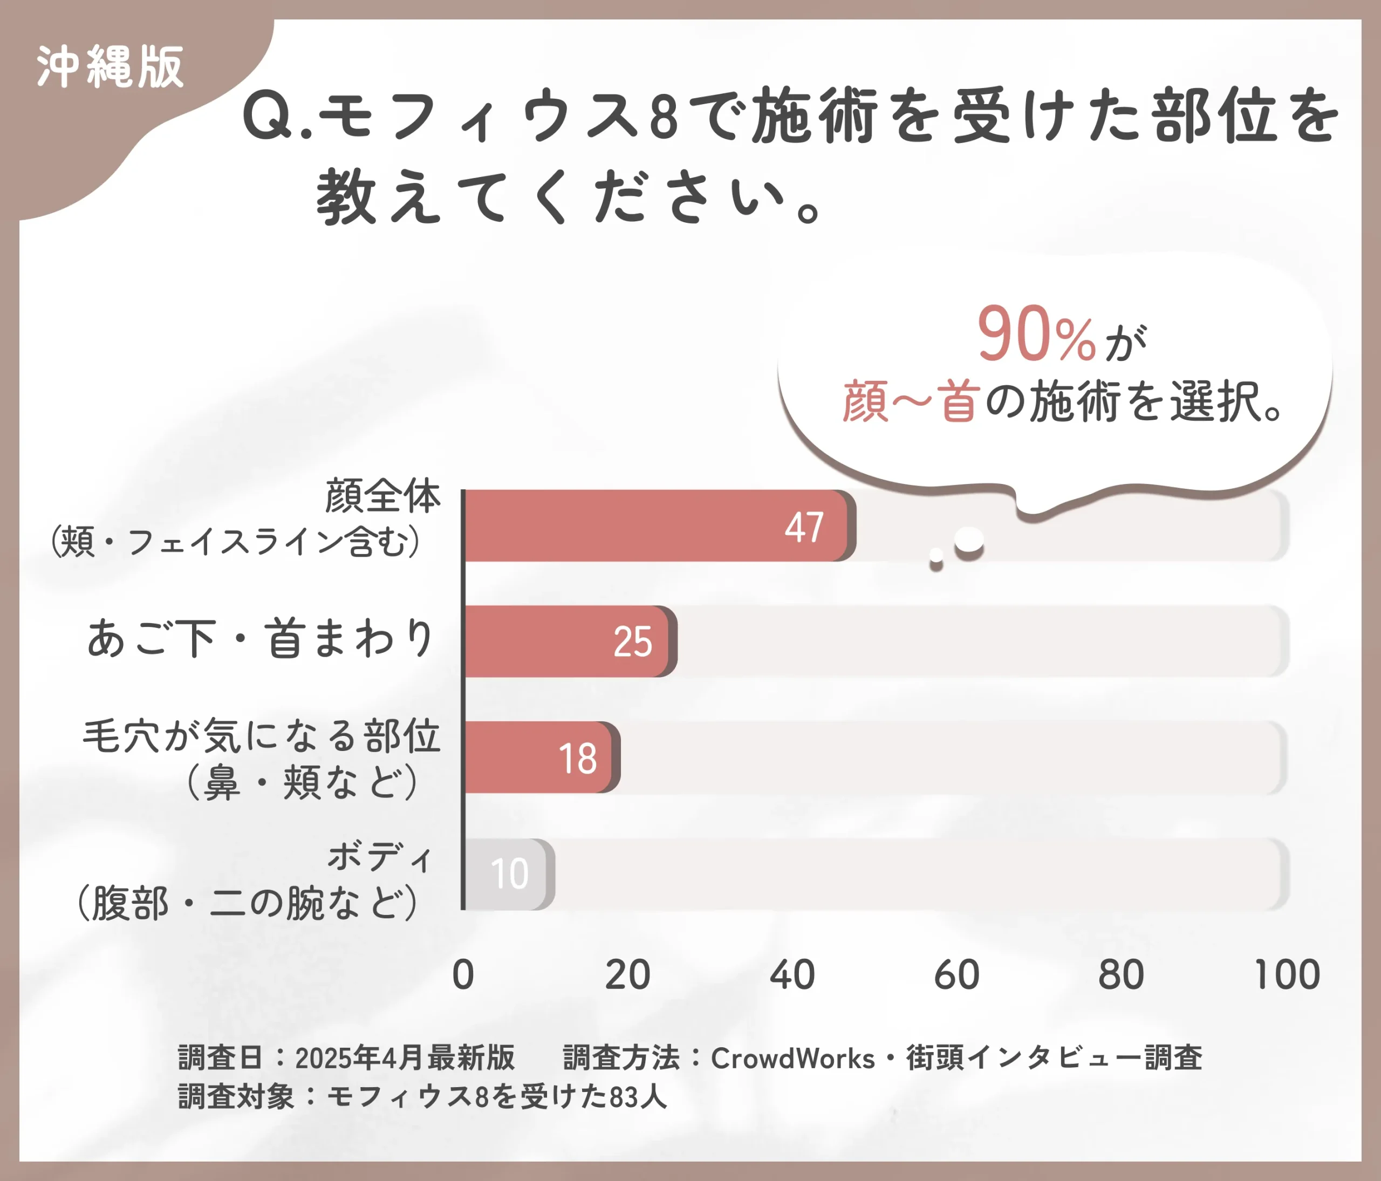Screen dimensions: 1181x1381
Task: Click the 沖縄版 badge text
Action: tap(110, 67)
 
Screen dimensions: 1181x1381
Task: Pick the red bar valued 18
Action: tap(540, 757)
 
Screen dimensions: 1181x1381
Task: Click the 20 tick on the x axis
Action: tap(627, 975)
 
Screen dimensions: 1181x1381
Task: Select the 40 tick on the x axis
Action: tap(792, 975)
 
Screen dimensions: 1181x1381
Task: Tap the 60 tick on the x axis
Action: tap(956, 975)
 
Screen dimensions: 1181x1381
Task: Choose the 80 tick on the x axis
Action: tap(1121, 975)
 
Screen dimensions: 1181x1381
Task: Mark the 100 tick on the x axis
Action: tap(1287, 975)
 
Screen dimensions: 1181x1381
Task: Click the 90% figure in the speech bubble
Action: tap(1036, 334)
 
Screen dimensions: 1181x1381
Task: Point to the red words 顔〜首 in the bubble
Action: tap(911, 402)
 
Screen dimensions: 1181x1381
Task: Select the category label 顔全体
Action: tap(382, 496)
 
